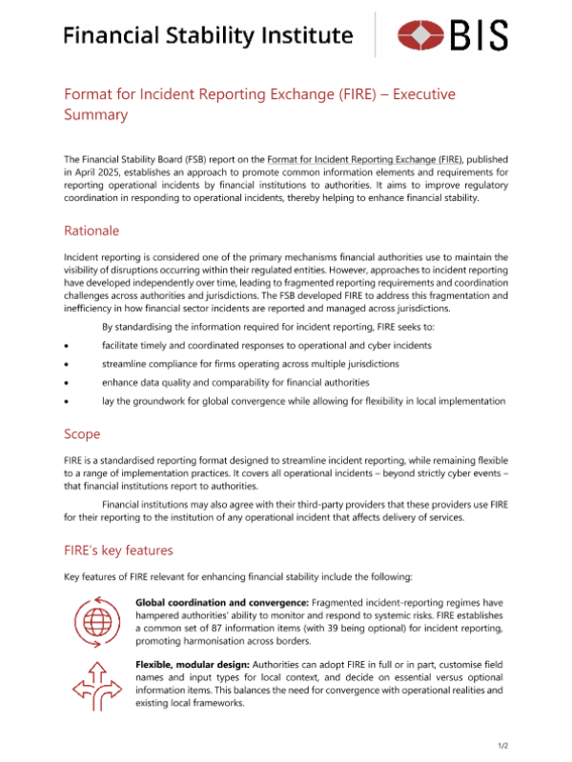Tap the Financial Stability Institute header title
pos(208,36)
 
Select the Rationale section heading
pos(92,231)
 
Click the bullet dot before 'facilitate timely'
pos(66,345)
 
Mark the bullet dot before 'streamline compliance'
pos(66,364)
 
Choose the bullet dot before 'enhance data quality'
pos(66,383)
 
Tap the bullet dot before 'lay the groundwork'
pos(66,402)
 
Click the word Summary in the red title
pos(95,114)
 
